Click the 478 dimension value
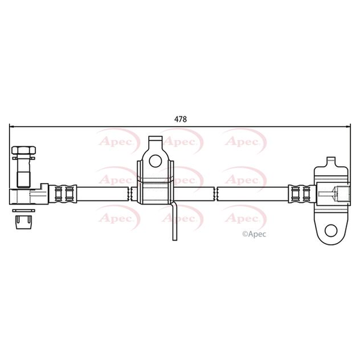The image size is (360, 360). pyautogui.click(x=181, y=119)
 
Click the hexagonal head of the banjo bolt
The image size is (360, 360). pyautogui.click(x=23, y=150)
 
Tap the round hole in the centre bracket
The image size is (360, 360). pyautogui.click(x=155, y=161)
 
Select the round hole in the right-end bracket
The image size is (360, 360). pyautogui.click(x=331, y=230)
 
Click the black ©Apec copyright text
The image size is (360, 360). pyautogui.click(x=254, y=234)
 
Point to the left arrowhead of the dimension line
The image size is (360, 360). pyautogui.click(x=11, y=126)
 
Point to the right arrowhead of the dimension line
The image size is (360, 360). pyautogui.click(x=348, y=126)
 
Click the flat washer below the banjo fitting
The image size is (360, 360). pyautogui.click(x=23, y=211)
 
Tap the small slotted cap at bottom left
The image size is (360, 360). pyautogui.click(x=23, y=222)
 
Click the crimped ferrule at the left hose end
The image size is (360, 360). pyautogui.click(x=62, y=194)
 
